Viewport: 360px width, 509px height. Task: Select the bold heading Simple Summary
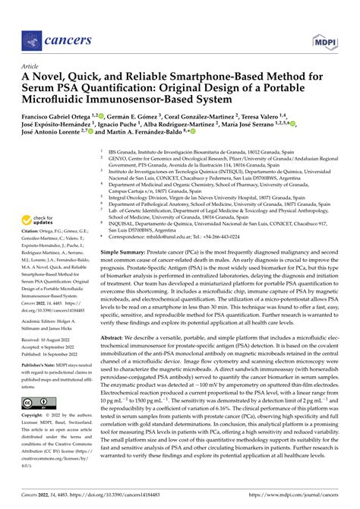click(124, 248)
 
